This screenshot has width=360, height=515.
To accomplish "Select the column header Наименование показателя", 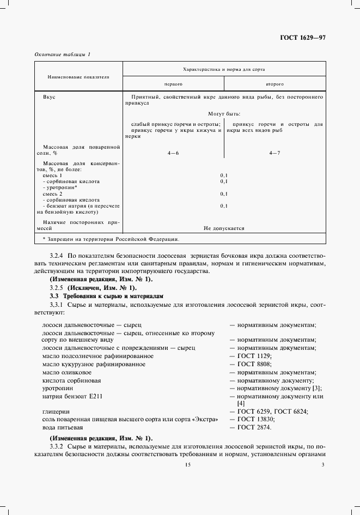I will click(x=78, y=77).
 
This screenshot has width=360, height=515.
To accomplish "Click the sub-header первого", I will click(x=173, y=84).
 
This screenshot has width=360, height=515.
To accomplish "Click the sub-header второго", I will click(x=274, y=84).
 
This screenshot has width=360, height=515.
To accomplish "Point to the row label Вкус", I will click(x=49, y=97).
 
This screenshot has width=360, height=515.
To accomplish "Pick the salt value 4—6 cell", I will click(x=173, y=153).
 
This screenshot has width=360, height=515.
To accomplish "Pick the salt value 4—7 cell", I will click(x=274, y=153).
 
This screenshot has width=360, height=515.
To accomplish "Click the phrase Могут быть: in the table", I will click(x=224, y=114).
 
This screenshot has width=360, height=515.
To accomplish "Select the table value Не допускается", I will click(x=224, y=228).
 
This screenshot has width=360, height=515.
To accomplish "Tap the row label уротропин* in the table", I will click(x=58, y=187).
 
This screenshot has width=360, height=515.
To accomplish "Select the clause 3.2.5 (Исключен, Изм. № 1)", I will click(x=93, y=288).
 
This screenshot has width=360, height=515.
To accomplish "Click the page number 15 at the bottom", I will click(x=188, y=465).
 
